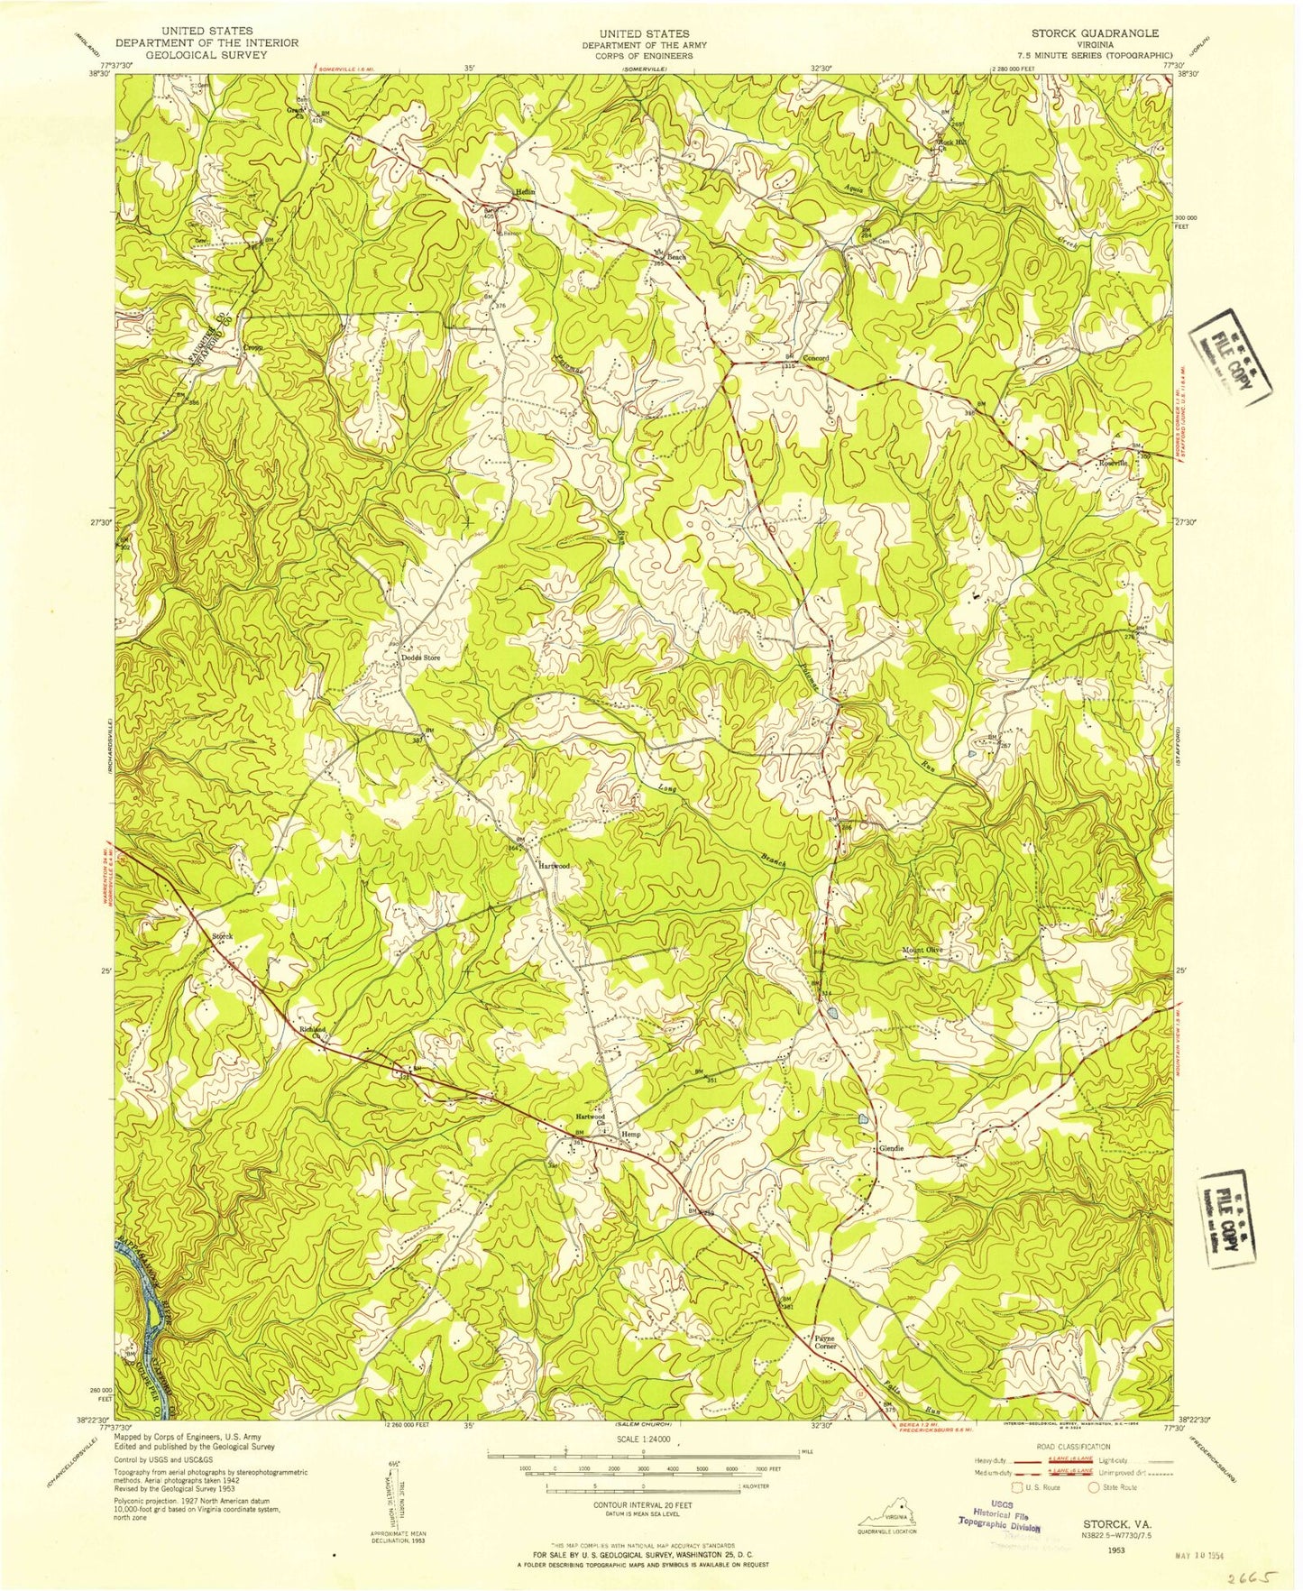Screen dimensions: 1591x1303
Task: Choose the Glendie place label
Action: click(891, 1149)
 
